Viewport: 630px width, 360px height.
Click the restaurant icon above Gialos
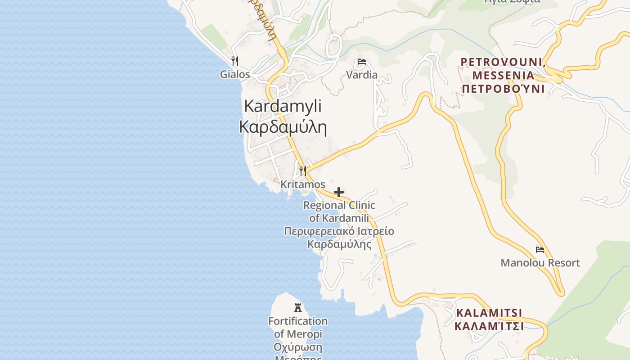coord(234,61)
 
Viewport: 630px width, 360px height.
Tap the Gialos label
coord(234,74)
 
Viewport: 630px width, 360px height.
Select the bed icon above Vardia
coord(362,62)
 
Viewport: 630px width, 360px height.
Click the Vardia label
coord(362,75)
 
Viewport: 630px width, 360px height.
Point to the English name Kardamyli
coord(283,106)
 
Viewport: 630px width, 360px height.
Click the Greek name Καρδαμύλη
coord(283,127)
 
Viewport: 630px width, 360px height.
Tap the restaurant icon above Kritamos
coord(303,171)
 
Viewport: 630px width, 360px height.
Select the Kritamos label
coord(303,184)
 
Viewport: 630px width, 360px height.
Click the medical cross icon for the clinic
coord(339,193)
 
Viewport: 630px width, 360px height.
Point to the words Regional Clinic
coord(339,205)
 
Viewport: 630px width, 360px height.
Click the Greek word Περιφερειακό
coord(313,231)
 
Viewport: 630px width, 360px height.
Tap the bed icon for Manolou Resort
coord(540,249)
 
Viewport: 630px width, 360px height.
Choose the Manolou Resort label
coord(540,263)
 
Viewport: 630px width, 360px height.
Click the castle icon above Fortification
coord(297,308)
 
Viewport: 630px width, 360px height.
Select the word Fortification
coord(298,321)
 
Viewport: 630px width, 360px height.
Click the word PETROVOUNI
coord(503,62)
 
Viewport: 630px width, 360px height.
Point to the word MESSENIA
coord(504,75)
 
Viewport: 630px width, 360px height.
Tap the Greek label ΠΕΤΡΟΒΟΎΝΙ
coord(503,88)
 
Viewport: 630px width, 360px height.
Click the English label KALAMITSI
coord(489,313)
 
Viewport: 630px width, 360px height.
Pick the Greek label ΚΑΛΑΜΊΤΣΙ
coord(489,326)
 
